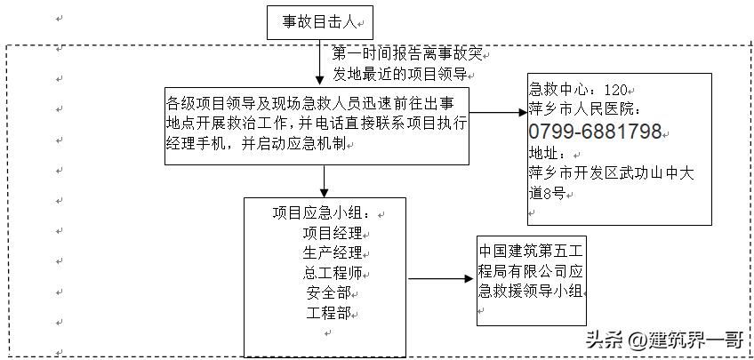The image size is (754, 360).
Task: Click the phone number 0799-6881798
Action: (x=595, y=132)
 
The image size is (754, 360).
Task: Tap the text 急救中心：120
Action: (x=578, y=91)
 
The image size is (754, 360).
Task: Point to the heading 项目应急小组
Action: (x=325, y=214)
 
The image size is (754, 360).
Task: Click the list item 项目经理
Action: (x=333, y=234)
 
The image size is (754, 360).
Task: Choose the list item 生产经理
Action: (x=333, y=253)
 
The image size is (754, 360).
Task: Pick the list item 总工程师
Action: (x=333, y=274)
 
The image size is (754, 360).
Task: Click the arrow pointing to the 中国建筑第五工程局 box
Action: (x=441, y=279)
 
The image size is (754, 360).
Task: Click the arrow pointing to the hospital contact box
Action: (x=498, y=114)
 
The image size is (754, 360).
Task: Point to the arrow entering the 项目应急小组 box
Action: (x=325, y=181)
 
